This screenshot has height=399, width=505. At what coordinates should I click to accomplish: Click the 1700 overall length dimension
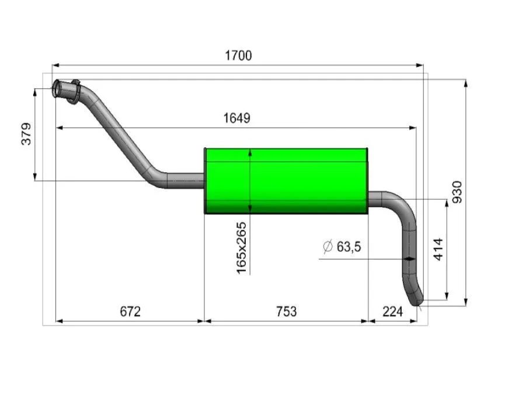point(238,55)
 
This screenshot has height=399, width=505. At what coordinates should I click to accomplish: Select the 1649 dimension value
point(236,118)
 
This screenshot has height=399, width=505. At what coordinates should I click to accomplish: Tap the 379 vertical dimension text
point(26,134)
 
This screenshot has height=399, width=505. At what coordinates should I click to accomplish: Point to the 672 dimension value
point(130,311)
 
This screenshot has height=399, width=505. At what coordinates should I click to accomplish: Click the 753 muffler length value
point(286,311)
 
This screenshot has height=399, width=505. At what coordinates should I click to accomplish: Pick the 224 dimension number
point(392,311)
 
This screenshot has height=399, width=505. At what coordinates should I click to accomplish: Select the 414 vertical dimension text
point(438,249)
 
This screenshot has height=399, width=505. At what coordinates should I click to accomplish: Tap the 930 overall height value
point(457,192)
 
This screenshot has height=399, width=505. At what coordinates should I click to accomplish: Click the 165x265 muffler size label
point(241,248)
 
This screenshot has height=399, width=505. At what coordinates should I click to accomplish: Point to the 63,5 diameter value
point(349,247)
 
